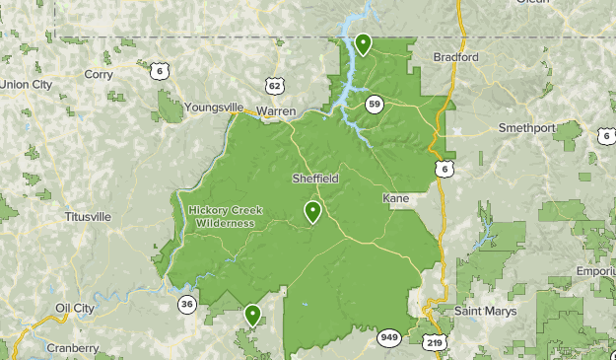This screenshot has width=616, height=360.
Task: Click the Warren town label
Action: pos(275,111)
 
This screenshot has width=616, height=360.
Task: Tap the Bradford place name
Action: pos(455,57)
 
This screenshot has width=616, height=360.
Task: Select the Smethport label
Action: pos(527,128)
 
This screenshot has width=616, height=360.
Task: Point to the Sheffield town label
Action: pos(315,179)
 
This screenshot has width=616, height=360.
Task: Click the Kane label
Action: pos(396,199)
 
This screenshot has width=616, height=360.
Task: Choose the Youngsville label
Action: pos(213,107)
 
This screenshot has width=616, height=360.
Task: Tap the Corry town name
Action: pos(99,74)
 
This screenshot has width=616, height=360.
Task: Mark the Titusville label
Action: pos(88,216)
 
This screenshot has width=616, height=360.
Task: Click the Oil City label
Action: pos(74,308)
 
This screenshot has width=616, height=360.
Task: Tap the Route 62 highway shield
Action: pos(274,86)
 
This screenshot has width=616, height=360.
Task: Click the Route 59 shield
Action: pos(374,104)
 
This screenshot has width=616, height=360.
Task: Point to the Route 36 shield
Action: pos(187,305)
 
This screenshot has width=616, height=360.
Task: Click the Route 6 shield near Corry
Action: pos(158,70)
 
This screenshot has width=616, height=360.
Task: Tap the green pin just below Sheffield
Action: pos(313,211)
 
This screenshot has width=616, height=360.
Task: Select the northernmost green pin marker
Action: pos(363,43)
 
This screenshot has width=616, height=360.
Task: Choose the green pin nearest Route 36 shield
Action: pos(252,315)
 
